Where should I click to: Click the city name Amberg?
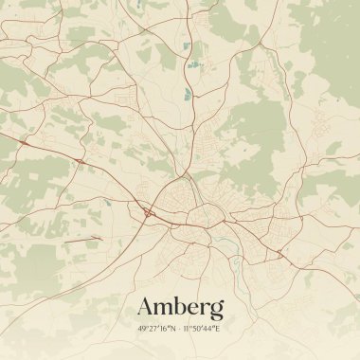pos(180,307)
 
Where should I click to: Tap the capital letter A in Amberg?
pos(147,307)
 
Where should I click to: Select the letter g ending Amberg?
pos(216,310)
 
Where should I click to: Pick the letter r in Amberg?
pos(205,309)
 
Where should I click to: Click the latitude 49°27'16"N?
pos(157,329)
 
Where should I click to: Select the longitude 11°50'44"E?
pos(202,329)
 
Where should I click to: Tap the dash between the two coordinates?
pos(180,329)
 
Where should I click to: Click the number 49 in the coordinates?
pos(142,329)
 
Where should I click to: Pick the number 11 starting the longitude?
pos(187,329)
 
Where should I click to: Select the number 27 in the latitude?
pos(153,329)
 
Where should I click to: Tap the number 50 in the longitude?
pos(196,329)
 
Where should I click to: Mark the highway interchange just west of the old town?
pos(149,214)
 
